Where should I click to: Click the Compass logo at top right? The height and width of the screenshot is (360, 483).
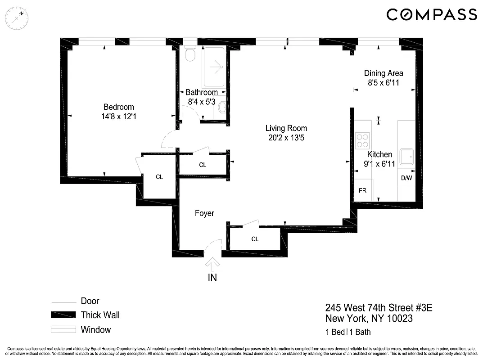pos(431,14)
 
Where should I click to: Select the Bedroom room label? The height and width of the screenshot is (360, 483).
pos(118,107)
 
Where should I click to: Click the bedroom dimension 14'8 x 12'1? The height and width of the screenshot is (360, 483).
pos(118,116)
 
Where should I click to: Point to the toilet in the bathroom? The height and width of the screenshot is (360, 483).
pos(190,54)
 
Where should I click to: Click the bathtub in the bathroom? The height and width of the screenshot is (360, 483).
pos(214,67)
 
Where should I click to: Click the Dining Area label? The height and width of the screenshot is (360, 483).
pos(384,73)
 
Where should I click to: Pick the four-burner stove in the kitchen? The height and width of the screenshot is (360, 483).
pos(362,141)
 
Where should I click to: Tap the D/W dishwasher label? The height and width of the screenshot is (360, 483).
pos(406,178)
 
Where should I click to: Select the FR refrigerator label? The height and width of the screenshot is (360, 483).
pos(362,190)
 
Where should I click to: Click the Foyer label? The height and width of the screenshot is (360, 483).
pos(204,213)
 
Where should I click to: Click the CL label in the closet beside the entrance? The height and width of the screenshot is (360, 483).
pos(255,239)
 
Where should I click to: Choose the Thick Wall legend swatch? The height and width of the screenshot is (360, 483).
pos(63,315)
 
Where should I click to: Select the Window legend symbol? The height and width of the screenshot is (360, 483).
pos(63,330)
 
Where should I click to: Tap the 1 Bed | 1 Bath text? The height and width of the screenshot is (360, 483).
pos(348,333)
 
